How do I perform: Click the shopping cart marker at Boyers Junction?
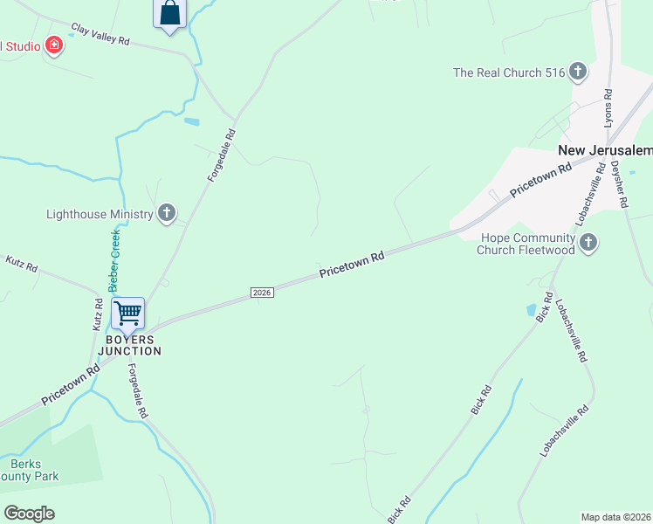[128, 313]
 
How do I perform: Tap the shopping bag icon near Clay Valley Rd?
[170, 13]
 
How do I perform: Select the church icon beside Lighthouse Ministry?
[167, 213]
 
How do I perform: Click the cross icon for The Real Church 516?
[577, 72]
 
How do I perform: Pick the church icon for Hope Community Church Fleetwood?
[588, 242]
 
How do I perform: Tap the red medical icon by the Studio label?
[54, 45]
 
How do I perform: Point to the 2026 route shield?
[262, 292]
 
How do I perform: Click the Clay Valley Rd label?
[100, 35]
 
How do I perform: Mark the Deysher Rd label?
[619, 183]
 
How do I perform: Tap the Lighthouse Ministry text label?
[100, 214]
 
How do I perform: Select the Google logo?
[29, 513]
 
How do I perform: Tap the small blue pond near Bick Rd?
[531, 310]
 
